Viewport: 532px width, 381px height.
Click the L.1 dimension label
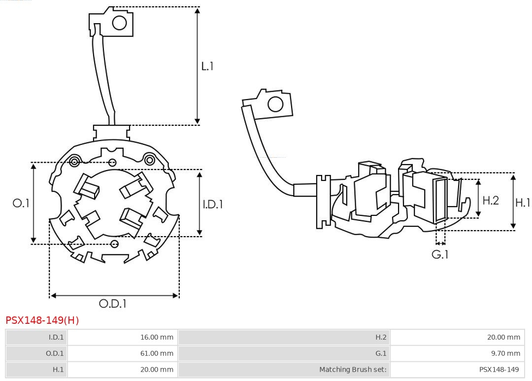tap(207, 66)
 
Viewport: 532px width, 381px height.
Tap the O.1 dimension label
tap(21, 203)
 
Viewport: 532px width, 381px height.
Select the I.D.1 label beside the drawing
tap(213, 204)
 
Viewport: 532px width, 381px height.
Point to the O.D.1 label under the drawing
tap(113, 304)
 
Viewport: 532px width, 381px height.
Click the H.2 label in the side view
tap(490, 200)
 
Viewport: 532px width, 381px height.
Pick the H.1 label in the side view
tap(523, 202)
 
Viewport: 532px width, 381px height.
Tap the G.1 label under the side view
tap(440, 255)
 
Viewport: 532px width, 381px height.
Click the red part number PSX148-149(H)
tap(42, 320)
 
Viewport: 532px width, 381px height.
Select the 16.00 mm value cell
tap(157, 337)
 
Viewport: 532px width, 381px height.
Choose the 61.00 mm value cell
tap(157, 353)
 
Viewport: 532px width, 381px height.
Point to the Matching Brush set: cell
tap(353, 369)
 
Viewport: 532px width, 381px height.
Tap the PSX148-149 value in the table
tap(499, 369)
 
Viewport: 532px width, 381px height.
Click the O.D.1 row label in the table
tap(55, 353)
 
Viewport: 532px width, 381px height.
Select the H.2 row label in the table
tap(381, 337)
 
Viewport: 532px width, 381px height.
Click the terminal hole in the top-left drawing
tap(120, 23)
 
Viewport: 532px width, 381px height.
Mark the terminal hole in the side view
tap(275, 104)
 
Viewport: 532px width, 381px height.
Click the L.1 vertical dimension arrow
tap(198, 66)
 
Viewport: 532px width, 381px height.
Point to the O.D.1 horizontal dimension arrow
tap(114, 295)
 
